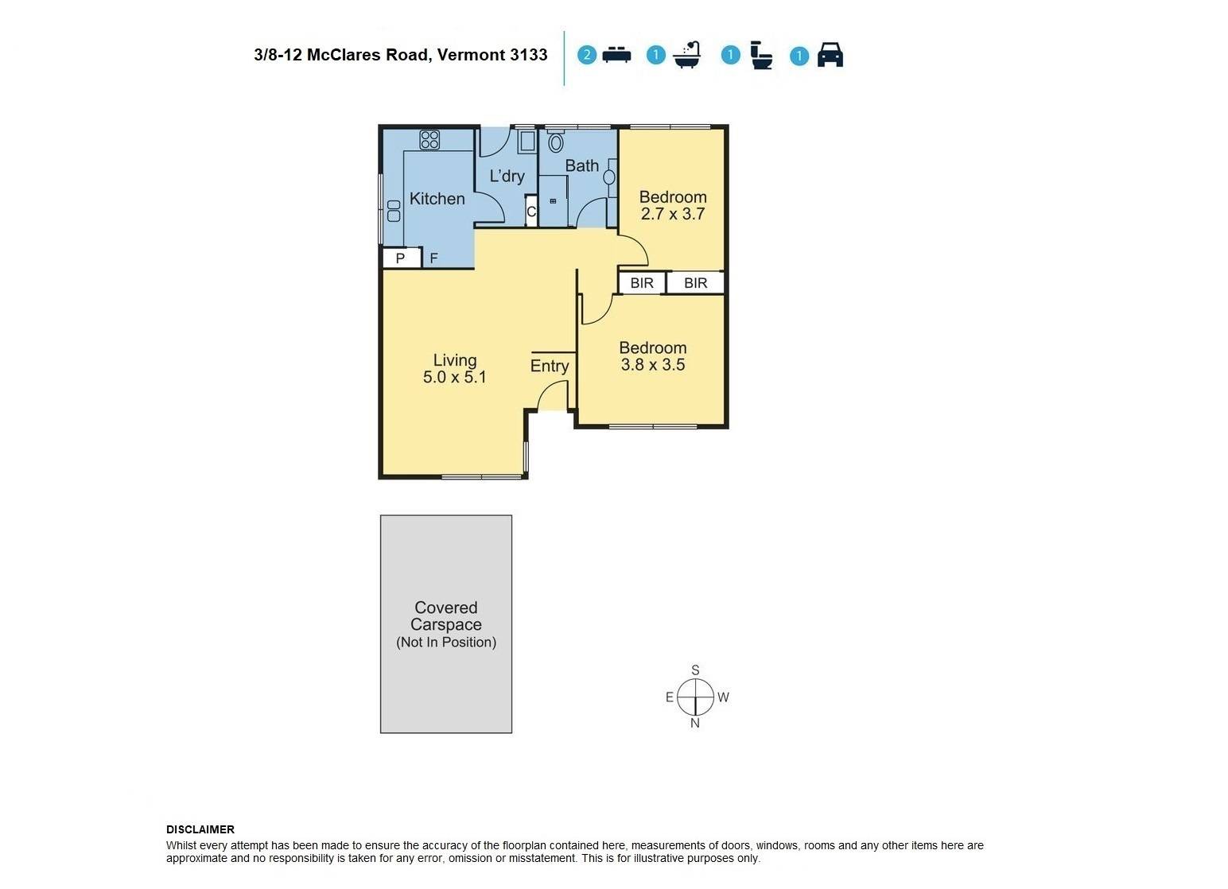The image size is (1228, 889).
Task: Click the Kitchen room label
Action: [437, 199]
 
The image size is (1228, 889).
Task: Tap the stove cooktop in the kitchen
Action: [429, 140]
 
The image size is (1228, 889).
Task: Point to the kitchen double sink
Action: [394, 211]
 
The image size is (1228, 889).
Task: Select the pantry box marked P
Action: [401, 258]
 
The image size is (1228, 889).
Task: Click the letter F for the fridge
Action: [433, 258]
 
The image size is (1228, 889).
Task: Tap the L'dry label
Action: [507, 176]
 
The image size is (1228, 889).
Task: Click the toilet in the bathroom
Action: [555, 141]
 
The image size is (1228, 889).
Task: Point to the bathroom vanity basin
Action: [609, 177]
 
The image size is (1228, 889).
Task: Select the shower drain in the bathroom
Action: [553, 201]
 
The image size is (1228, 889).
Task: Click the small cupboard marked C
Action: [530, 211]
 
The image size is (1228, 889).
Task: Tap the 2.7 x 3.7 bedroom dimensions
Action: [673, 214]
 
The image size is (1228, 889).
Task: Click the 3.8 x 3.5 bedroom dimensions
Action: [652, 364]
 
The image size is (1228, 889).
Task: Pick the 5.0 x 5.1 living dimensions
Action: [454, 377]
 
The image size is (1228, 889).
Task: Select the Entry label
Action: [550, 366]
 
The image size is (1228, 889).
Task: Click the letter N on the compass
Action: [694, 724]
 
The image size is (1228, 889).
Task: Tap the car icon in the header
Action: [830, 55]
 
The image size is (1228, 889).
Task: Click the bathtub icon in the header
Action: [687, 54]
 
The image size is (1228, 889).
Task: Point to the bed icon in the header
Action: [616, 55]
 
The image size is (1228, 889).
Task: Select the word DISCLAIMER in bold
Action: [200, 830]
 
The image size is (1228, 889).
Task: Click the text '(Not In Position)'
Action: [446, 642]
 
